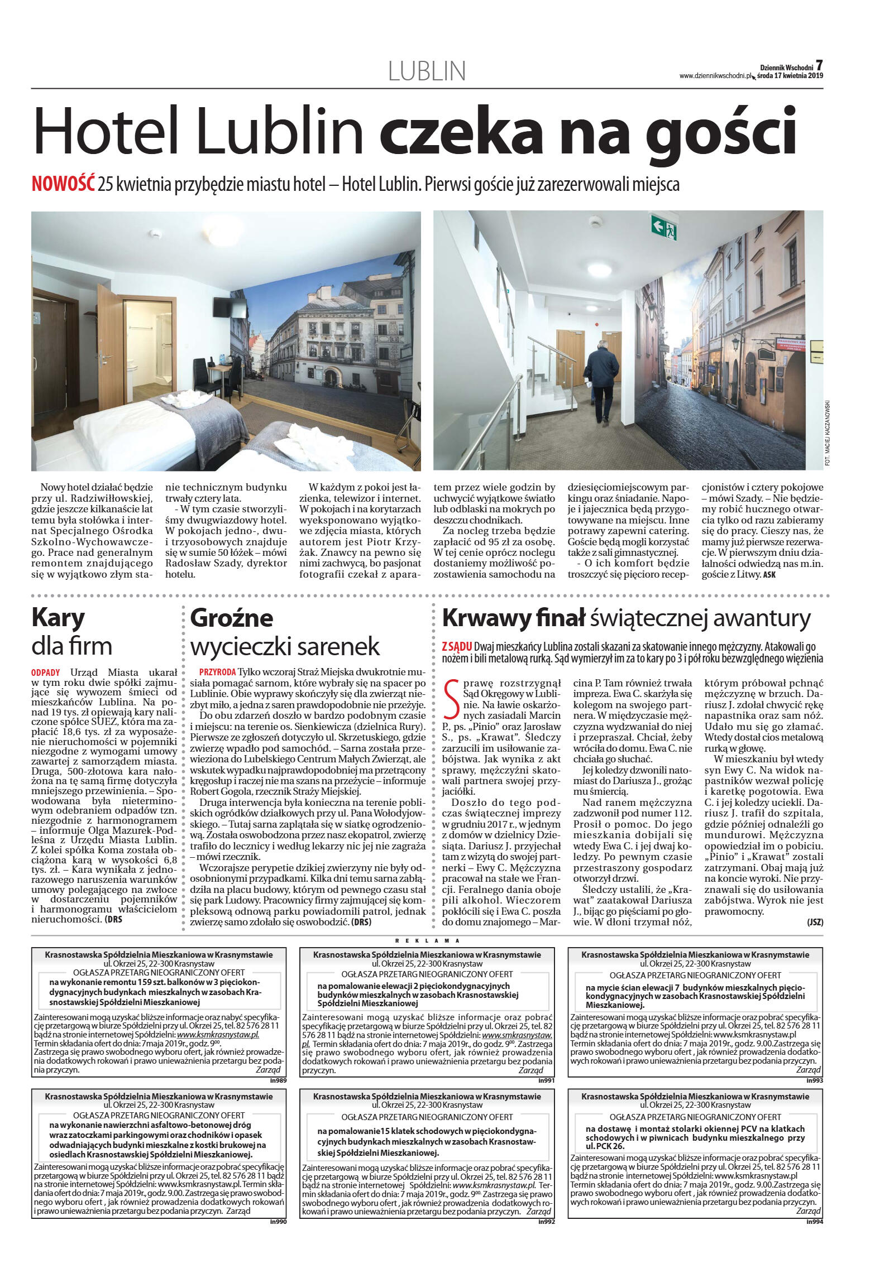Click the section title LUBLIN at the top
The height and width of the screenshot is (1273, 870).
point(427,71)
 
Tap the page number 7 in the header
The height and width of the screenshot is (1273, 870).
point(819,65)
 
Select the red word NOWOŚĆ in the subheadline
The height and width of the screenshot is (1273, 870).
point(63,184)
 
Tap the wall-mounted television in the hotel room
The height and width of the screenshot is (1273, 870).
point(230,306)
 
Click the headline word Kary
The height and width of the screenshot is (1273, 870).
point(58,618)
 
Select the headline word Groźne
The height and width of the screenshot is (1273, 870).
point(232,618)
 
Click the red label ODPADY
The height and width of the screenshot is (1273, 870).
point(45,672)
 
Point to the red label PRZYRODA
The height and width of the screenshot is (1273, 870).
point(218,671)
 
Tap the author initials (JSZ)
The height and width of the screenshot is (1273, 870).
point(815,922)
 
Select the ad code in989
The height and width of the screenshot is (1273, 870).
point(278,1080)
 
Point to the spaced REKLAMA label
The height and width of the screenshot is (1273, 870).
point(427,940)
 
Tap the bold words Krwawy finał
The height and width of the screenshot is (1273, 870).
point(513,618)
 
